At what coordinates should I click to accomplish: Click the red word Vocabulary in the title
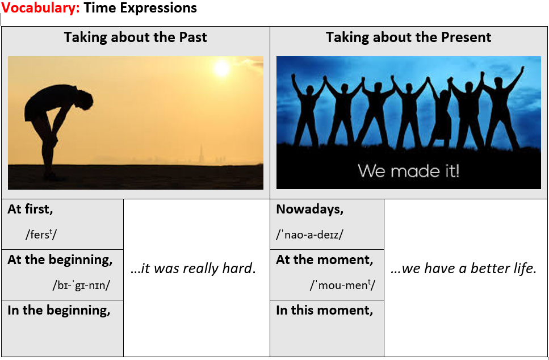41,8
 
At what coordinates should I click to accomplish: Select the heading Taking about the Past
136,37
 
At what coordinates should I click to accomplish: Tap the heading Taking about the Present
409,37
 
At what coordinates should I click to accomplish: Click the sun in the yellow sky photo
221,68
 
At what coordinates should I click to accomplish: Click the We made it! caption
409,171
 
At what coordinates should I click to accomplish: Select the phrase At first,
30,210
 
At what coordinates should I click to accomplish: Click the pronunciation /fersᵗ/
41,235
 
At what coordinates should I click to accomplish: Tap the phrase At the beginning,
60,260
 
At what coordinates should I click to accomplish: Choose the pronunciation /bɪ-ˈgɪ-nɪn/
81,286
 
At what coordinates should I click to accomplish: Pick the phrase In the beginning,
59,311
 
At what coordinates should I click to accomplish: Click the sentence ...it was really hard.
193,269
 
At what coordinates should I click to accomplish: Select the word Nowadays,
310,210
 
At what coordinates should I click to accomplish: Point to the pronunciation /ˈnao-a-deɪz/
309,235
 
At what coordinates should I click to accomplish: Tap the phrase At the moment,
325,260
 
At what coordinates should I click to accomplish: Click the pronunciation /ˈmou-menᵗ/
342,286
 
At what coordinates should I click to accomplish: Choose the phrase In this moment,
325,311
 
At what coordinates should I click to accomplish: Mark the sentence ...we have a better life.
464,269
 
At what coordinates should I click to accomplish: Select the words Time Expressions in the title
140,8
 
